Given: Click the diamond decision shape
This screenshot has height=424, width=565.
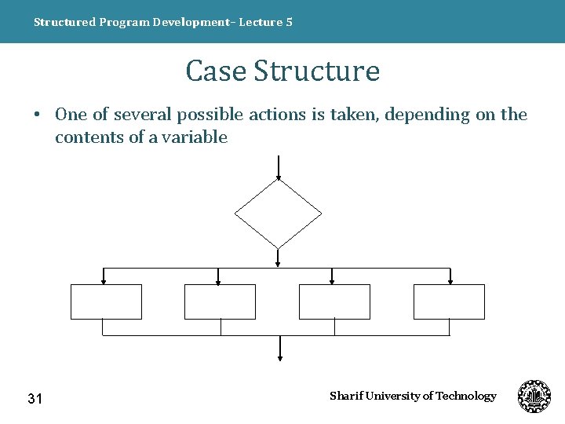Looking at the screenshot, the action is pos(279,212).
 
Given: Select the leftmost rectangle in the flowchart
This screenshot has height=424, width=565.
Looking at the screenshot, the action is pos(106,302).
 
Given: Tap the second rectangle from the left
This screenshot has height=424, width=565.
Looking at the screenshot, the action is pos(220,302).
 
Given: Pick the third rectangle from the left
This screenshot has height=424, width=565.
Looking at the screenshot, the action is pos(334,302).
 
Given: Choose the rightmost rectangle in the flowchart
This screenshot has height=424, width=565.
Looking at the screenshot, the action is pos(449,302).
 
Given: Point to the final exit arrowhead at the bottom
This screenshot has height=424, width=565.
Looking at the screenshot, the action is pos(280,357).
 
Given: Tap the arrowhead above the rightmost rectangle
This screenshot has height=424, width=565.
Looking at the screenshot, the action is pos(450,280).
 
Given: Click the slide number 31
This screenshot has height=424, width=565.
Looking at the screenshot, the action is pos(35,399).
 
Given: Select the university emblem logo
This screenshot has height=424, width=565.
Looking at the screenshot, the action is pos(534,397).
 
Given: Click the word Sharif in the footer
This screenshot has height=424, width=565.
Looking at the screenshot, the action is pos(344,396).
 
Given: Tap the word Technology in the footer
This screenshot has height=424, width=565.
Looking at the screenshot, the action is pos(466,396).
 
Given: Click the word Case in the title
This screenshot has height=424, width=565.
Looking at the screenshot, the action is pos(216,71).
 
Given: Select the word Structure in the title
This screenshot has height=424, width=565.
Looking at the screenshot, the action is pos(317,71).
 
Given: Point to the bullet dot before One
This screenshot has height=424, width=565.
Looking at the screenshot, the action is pos(37,115).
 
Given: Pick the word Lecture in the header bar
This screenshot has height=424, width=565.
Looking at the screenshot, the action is pos(261,22).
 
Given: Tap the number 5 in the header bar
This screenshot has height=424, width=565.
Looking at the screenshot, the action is pos(290,22).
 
